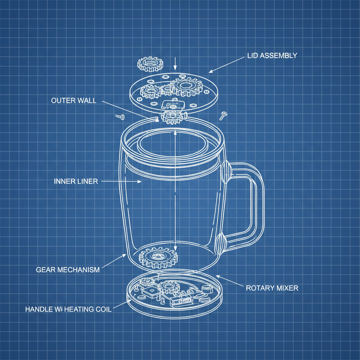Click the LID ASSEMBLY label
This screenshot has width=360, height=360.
click(x=272, y=56)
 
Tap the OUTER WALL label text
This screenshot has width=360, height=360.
click(x=73, y=101)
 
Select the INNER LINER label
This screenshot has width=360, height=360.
click(x=76, y=181)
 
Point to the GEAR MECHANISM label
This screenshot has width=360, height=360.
click(x=68, y=270)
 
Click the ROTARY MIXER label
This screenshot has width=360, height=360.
click(x=272, y=288)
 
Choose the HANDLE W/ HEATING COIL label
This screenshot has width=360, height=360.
click(x=69, y=309)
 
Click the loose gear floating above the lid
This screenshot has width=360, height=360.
click(x=150, y=63)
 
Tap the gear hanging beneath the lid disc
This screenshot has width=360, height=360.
click(x=171, y=116)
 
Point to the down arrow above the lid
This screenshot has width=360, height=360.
click(x=175, y=63)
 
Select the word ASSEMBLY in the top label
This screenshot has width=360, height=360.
click(x=279, y=56)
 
